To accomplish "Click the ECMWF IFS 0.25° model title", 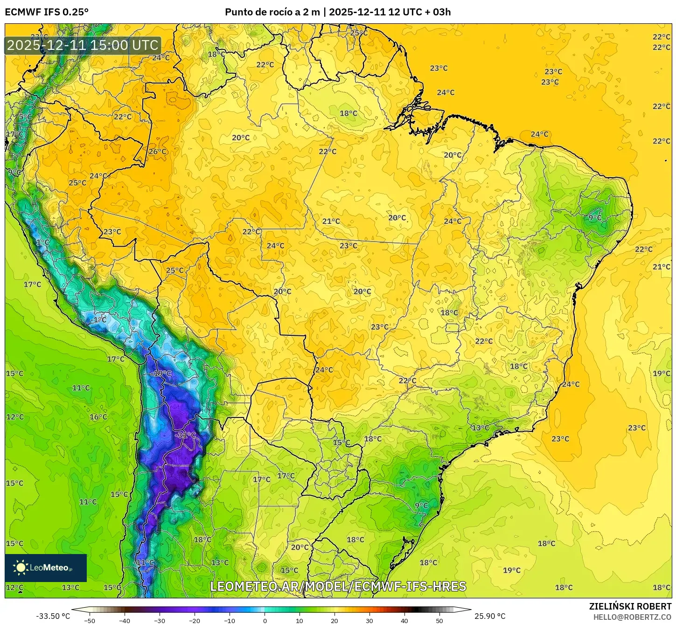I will tap(47, 12).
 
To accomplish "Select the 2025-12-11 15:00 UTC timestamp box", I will tap(83, 45).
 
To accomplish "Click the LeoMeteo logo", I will tap(46, 568).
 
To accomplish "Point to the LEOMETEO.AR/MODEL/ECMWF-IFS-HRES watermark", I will tap(338, 586).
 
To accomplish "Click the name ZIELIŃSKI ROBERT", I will tap(630, 606).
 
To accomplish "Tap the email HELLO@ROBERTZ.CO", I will tap(632, 617).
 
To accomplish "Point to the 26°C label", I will tap(157, 152).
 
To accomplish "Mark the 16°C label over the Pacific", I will tap(98, 417).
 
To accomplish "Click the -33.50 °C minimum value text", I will tap(53, 616).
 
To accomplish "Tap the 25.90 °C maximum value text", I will tap(490, 616).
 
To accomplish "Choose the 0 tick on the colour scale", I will tap(265, 620).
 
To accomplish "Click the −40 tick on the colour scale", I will tap(125, 620).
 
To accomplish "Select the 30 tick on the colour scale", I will tap(369, 620).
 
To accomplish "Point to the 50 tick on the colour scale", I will tap(439, 620).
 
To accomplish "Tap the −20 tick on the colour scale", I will tap(195, 620).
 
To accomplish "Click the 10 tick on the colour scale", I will tap(300, 620).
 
